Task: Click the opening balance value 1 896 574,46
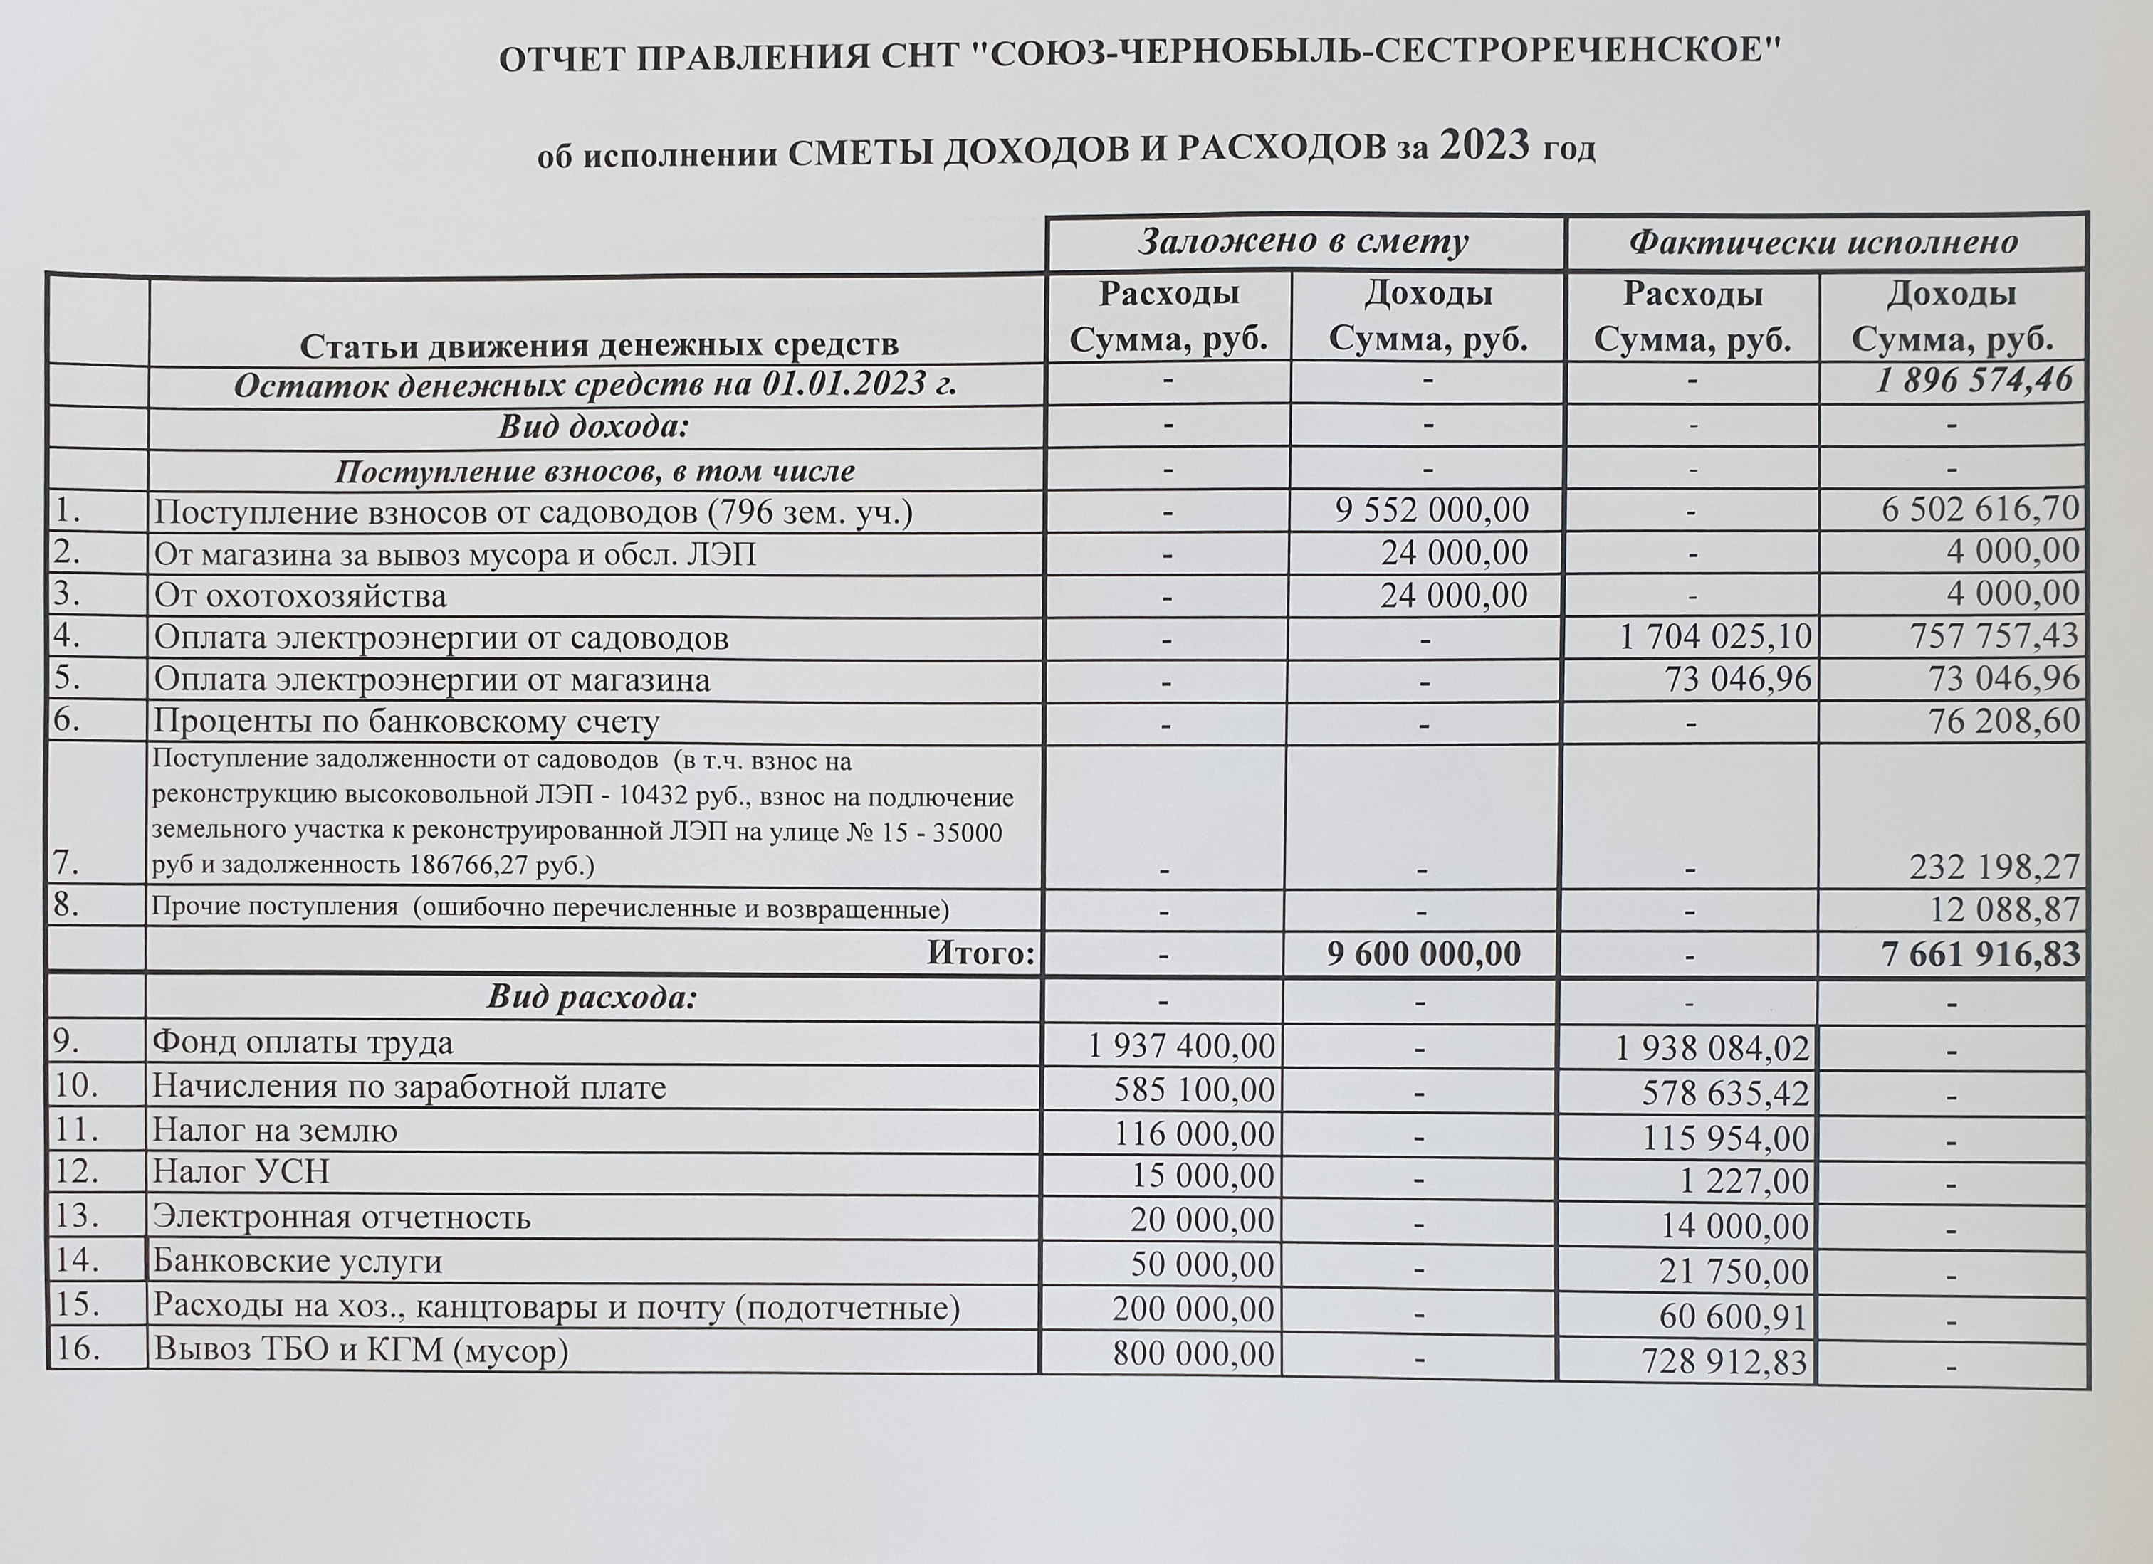[x=1974, y=381]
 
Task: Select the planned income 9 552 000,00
[x=1432, y=511]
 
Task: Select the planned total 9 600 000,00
[x=1423, y=953]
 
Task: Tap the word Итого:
[x=980, y=953]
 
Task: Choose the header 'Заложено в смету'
[x=1304, y=242]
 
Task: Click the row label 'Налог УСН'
[x=241, y=1172]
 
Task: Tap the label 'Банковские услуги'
[x=297, y=1262]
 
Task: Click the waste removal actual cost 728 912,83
[x=1725, y=1362]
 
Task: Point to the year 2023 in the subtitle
[x=1484, y=146]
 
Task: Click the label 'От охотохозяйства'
[x=300, y=596]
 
